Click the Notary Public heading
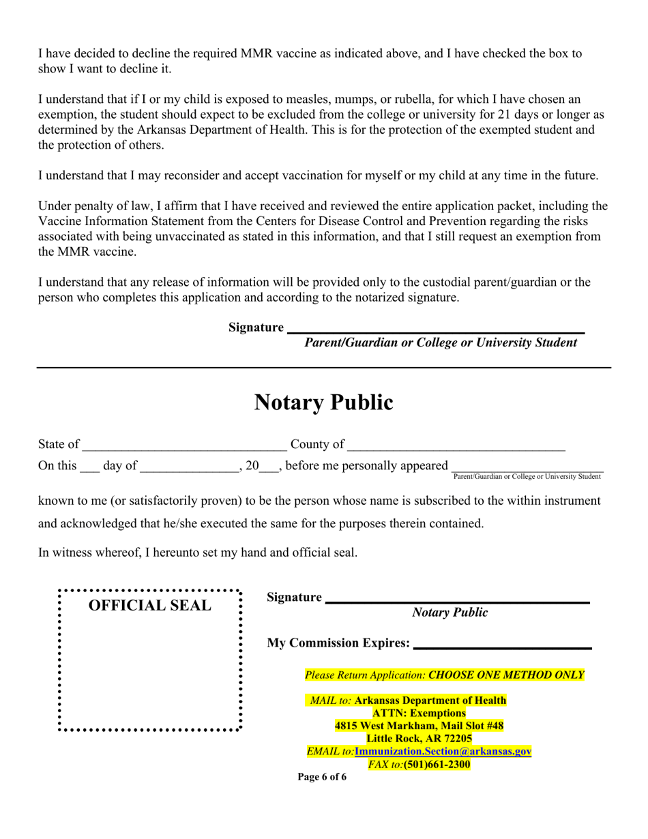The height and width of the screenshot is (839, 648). click(323, 403)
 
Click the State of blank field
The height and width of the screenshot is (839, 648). click(183, 446)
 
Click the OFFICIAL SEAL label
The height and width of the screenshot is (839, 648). click(150, 605)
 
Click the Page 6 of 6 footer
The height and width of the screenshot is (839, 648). click(322, 778)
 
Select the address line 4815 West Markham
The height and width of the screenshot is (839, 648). click(419, 726)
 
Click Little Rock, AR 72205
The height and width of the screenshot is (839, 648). click(419, 739)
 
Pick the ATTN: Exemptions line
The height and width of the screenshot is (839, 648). click(419, 713)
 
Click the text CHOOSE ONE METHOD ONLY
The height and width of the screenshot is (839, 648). click(506, 675)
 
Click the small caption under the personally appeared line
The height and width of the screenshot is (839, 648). click(527, 476)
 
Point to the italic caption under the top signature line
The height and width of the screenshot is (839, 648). click(440, 343)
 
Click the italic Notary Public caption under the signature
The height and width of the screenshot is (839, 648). click(450, 613)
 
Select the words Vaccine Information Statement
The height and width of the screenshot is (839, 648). click(116, 222)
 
